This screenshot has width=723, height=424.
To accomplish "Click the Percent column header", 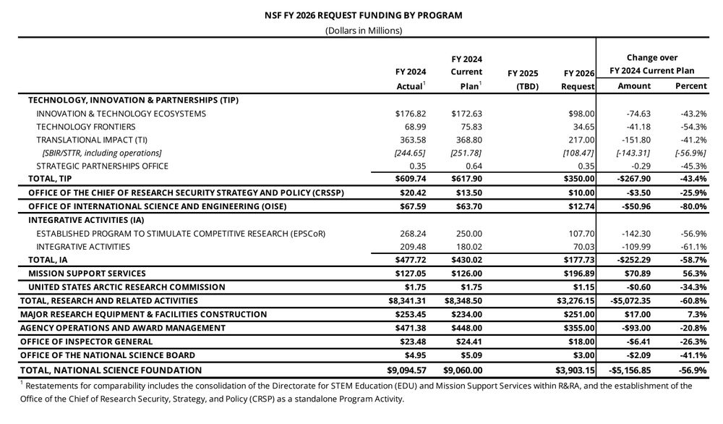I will coord(690,86).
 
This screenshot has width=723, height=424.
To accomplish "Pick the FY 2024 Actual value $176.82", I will coord(411,114).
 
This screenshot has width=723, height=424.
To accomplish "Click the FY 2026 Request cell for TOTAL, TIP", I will coord(578,179).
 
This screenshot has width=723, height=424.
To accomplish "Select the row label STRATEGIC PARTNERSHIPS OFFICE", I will coord(102,166).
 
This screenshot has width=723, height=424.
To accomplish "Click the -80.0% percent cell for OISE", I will coord(692,206).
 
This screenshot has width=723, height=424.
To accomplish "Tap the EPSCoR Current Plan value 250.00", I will coord(467,233).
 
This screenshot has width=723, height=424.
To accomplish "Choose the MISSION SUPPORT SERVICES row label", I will coord(87,274).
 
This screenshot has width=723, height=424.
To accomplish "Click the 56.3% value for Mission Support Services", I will coord(693,274).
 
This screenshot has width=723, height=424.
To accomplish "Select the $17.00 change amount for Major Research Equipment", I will coord(637,314).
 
